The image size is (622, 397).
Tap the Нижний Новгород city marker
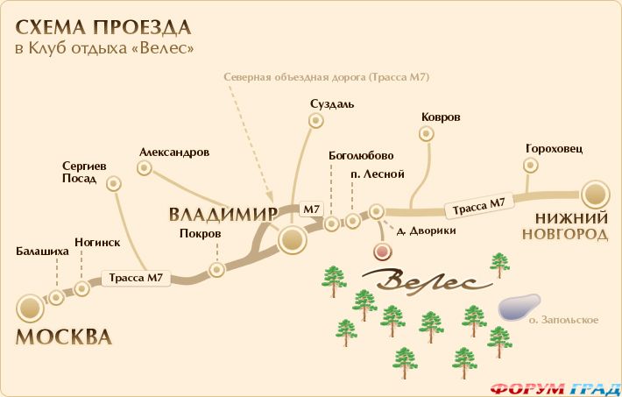point(596,195)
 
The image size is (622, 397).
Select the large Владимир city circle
point(292,239)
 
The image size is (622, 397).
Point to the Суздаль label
point(332,104)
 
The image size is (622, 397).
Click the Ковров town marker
point(427,134)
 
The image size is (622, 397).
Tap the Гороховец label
point(554,147)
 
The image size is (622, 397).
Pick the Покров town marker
point(215,271)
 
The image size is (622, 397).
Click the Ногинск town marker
point(82,287)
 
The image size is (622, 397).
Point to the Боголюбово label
point(355,156)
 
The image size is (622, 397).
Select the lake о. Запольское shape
point(518,306)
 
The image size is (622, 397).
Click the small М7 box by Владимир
point(311,209)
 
